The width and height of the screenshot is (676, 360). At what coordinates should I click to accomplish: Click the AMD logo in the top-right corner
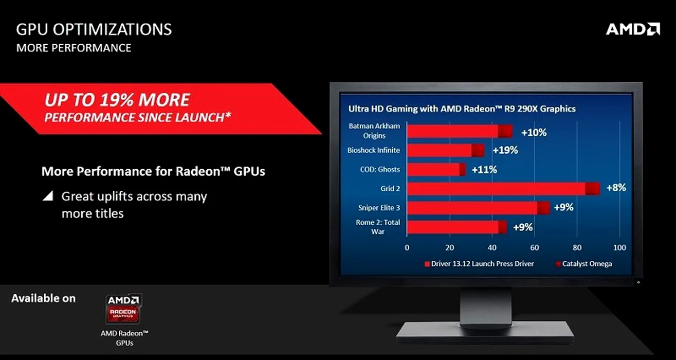tap(633, 29)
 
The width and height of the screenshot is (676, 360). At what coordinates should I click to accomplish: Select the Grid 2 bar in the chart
tap(503, 188)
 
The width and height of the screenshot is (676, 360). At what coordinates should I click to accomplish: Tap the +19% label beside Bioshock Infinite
tap(505, 150)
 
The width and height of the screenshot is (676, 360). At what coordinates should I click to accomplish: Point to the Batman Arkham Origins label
tap(374, 131)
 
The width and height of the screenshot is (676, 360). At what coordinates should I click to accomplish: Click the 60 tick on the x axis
tap(535, 248)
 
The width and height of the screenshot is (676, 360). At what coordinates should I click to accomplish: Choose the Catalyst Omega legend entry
tap(584, 264)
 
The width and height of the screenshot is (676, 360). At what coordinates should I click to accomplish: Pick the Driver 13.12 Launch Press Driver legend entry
tap(479, 264)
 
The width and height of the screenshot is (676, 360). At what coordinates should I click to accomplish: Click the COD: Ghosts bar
tap(436, 169)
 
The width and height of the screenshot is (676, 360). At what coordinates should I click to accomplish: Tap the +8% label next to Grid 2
tap(616, 188)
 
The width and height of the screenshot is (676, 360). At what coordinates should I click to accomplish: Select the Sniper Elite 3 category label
tap(379, 208)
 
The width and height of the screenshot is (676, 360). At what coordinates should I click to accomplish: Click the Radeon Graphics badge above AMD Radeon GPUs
tap(124, 309)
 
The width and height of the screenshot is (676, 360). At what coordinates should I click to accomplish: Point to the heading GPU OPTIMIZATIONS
tap(94, 30)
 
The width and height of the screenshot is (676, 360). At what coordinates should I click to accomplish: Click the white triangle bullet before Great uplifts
tap(48, 196)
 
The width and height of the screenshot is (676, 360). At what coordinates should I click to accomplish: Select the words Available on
tap(44, 298)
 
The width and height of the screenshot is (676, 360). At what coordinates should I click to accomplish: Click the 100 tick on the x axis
tap(619, 248)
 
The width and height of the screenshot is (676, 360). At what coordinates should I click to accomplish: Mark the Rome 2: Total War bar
tap(457, 227)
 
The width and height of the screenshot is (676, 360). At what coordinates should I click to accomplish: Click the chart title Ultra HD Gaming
tap(462, 109)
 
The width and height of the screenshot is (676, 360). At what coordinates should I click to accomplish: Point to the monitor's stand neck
tap(486, 305)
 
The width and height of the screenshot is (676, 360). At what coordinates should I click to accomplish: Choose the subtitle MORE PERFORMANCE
tap(74, 48)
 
